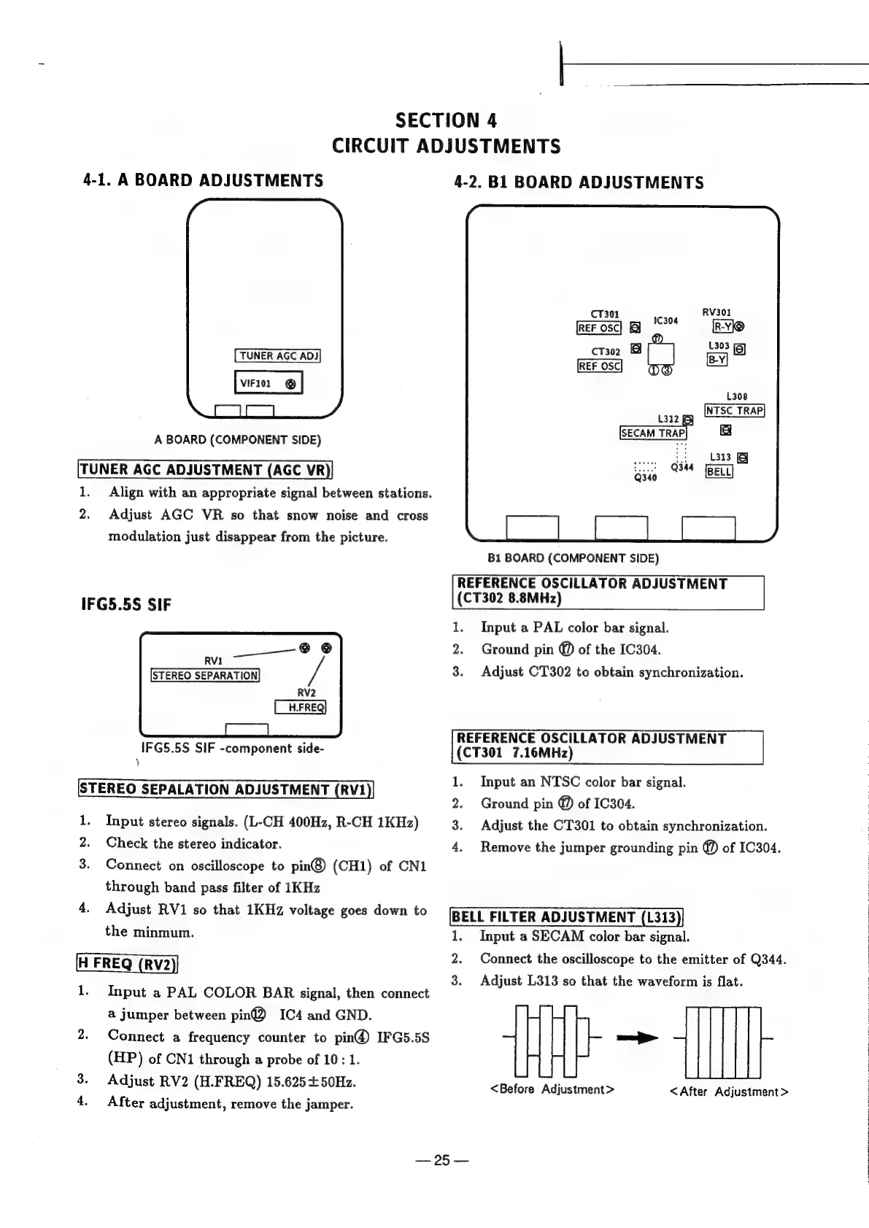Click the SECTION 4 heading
click(446, 120)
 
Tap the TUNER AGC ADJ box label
click(277, 356)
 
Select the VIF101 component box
click(268, 383)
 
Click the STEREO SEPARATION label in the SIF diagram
click(205, 675)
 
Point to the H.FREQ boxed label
click(300, 707)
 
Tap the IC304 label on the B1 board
click(665, 320)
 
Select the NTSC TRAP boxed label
click(734, 410)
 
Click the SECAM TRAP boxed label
click(652, 433)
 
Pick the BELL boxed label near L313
click(719, 471)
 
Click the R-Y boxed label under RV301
click(723, 326)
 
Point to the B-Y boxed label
click(717, 360)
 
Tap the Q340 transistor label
click(646, 478)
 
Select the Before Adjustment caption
click(552, 1089)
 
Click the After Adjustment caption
click(729, 1092)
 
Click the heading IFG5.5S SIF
click(125, 605)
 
